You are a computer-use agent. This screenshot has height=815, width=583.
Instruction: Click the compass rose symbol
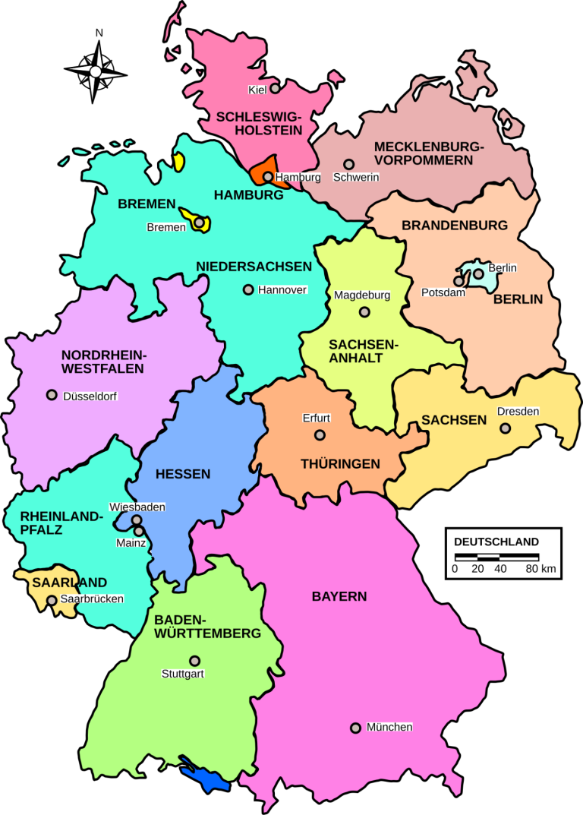click(96, 71)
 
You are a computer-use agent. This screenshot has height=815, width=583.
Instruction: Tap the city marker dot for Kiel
click(275, 89)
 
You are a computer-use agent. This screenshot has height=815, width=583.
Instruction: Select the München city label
click(389, 727)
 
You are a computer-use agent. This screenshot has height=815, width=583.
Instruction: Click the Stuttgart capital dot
click(195, 661)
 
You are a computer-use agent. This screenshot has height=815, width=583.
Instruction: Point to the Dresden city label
click(518, 412)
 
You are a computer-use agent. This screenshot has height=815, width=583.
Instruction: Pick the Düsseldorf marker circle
click(52, 395)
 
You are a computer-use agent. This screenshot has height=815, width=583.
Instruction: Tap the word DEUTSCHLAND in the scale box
click(496, 542)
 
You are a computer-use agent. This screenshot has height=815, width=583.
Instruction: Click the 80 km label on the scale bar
click(543, 568)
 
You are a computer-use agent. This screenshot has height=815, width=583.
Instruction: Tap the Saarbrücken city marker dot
click(52, 600)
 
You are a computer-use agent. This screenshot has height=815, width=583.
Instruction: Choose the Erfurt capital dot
click(320, 435)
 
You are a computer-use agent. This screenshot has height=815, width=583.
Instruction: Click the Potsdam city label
click(443, 292)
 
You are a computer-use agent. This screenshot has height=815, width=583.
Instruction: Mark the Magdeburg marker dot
click(364, 311)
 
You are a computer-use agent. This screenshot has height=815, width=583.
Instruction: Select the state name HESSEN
click(183, 474)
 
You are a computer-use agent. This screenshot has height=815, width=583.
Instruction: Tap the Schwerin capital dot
click(348, 164)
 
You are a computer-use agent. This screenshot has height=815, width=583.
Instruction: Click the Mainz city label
click(131, 542)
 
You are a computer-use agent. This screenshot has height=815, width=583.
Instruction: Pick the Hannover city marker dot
click(247, 289)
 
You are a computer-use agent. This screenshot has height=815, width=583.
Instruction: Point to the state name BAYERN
click(339, 596)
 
